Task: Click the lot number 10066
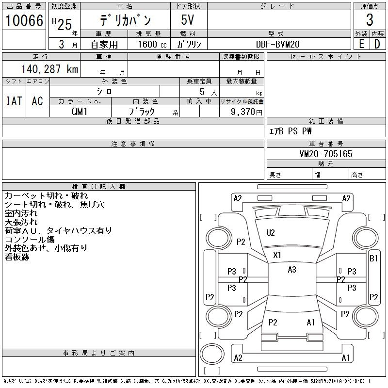click(24, 20)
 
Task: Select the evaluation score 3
click(370, 20)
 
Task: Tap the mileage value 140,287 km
click(49, 69)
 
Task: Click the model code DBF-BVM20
click(278, 44)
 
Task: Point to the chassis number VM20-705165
click(326, 154)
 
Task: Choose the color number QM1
click(80, 111)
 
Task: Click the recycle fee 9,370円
click(247, 112)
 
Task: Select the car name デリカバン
click(125, 20)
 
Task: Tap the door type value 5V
click(189, 20)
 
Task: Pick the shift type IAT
click(14, 101)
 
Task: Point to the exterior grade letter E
click(361, 44)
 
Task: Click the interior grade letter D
click(377, 44)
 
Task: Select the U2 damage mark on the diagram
click(270, 233)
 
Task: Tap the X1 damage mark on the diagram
click(277, 255)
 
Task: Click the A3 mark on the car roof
click(291, 270)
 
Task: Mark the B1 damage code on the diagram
click(373, 259)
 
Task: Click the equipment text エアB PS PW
click(291, 131)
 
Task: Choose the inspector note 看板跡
click(17, 257)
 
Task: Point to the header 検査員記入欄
click(98, 187)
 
